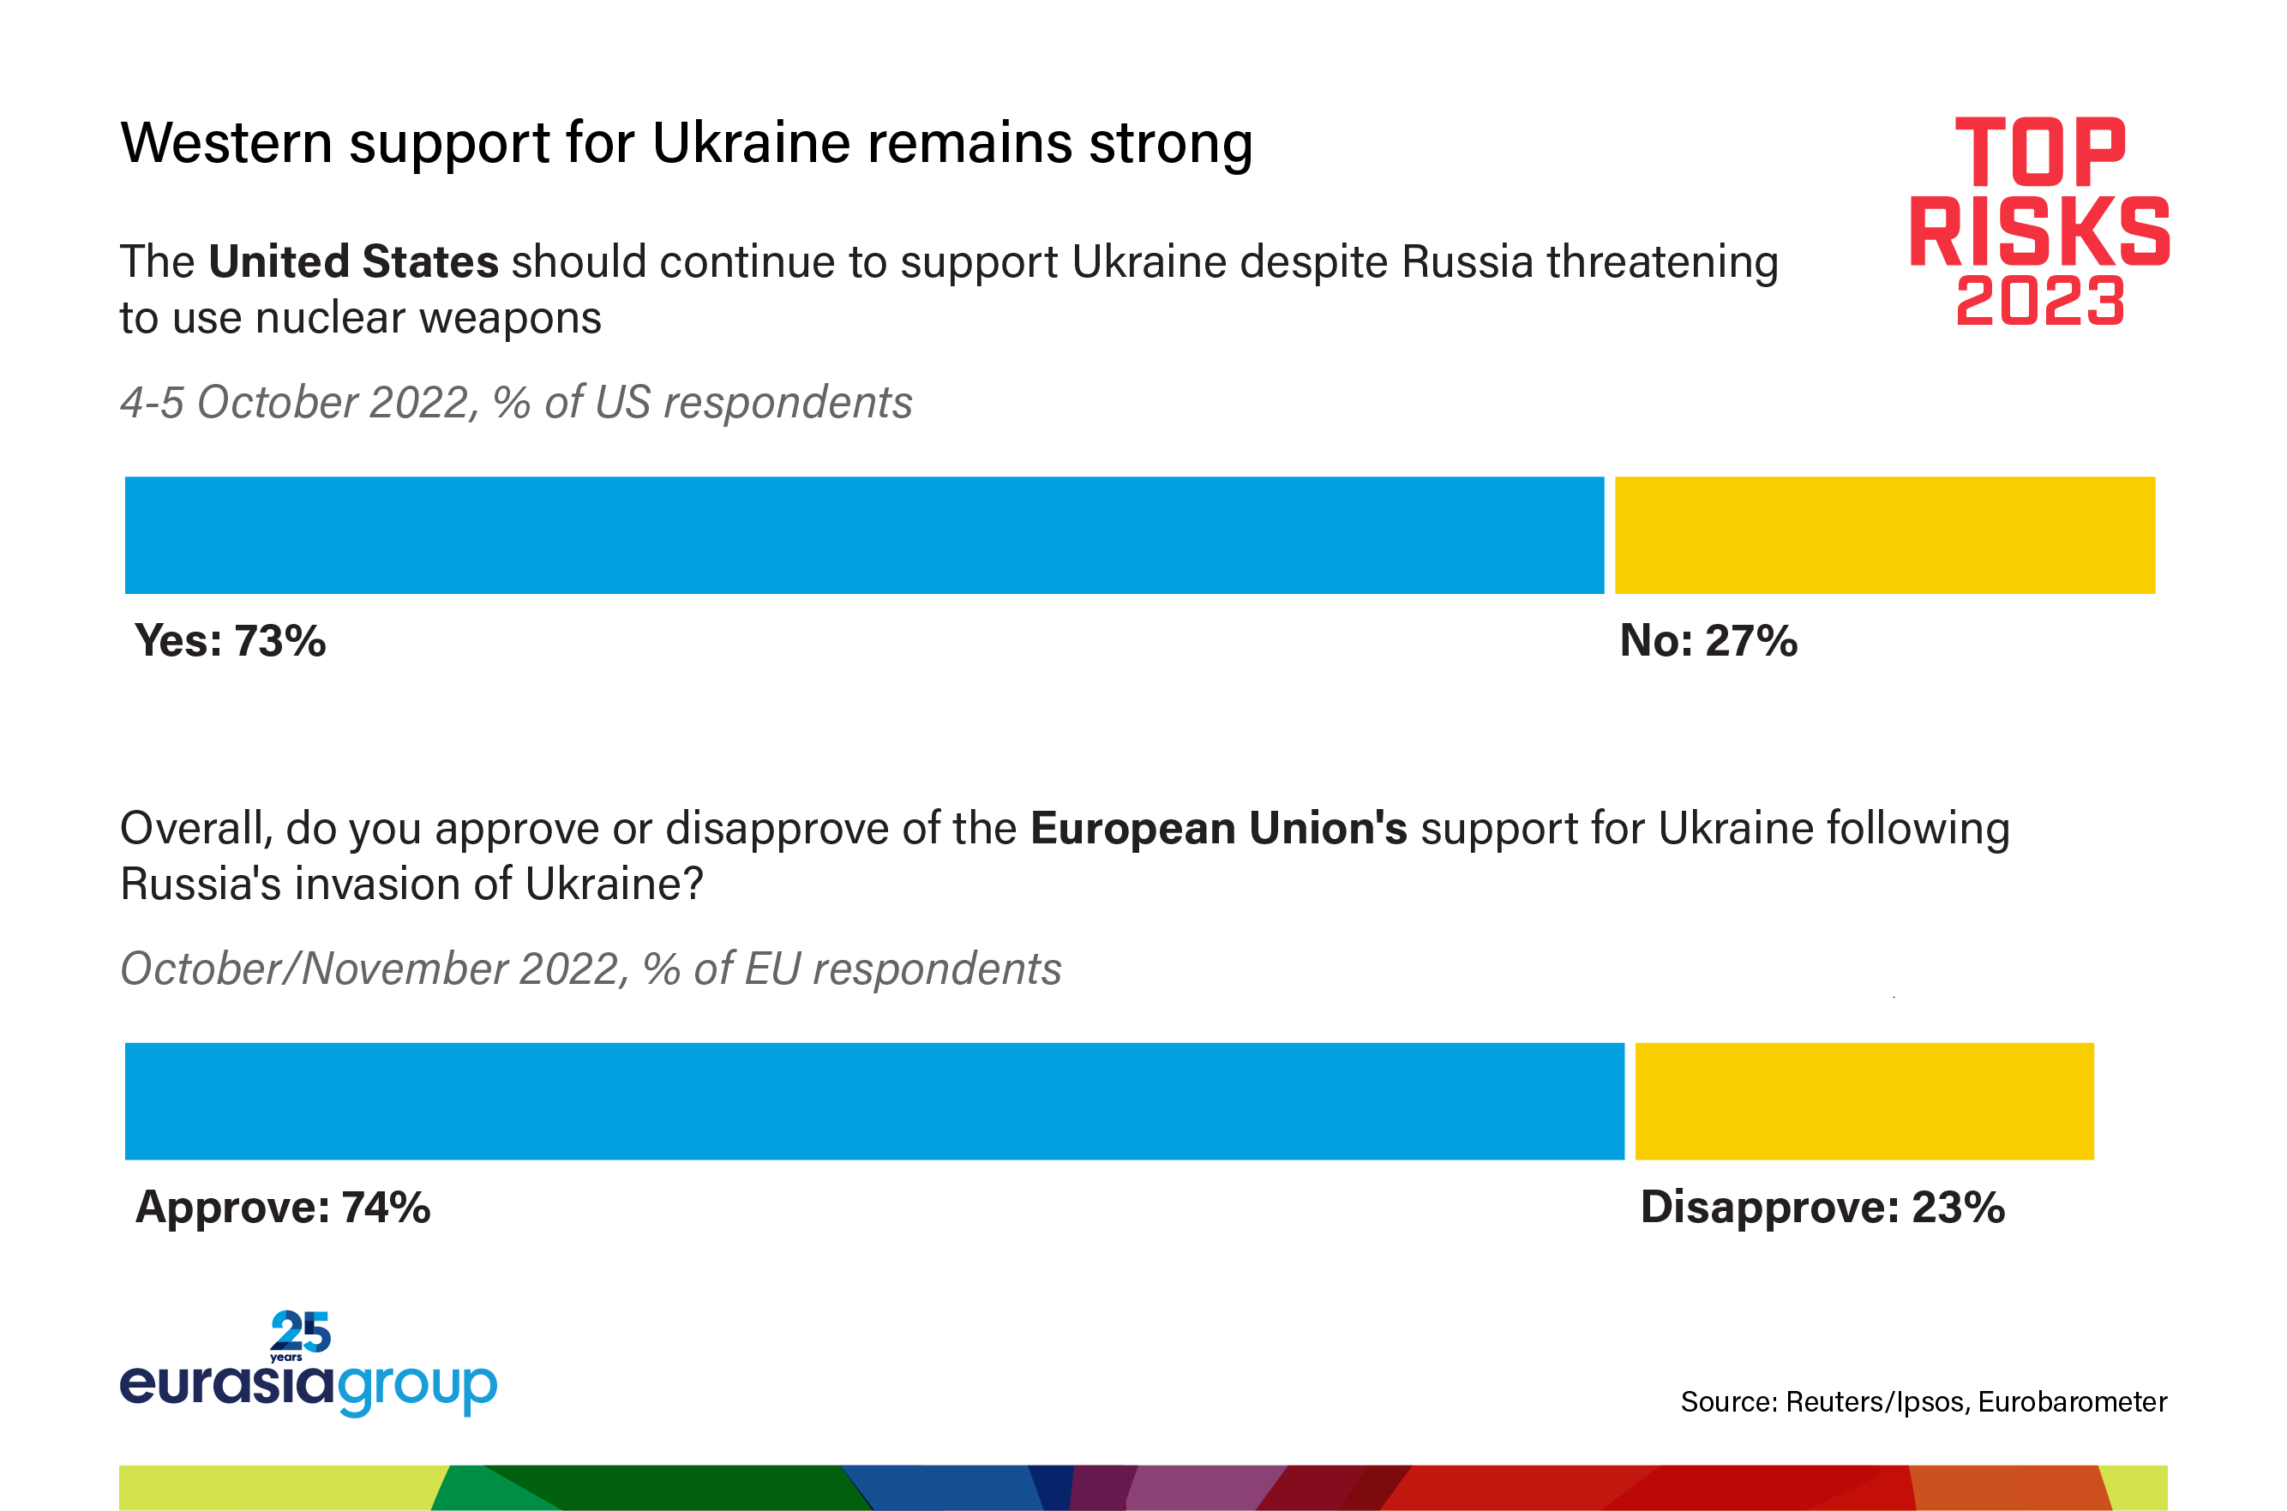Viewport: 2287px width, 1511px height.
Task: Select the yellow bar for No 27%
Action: (1884, 535)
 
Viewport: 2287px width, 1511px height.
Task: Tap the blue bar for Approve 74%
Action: (874, 1100)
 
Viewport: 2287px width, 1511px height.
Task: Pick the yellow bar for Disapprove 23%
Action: (1864, 1100)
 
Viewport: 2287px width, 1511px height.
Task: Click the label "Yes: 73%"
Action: (231, 641)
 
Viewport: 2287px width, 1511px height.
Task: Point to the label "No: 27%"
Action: (1708, 641)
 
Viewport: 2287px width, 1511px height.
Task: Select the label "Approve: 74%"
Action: (282, 1208)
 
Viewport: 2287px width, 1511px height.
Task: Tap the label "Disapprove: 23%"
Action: (1822, 1208)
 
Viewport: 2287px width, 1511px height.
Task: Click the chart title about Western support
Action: (687, 144)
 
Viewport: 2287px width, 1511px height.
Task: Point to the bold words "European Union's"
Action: (1218, 829)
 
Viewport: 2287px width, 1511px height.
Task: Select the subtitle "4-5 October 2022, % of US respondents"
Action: (516, 403)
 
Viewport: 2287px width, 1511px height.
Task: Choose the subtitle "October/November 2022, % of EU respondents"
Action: (590, 969)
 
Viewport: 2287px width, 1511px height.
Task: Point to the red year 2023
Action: (2039, 301)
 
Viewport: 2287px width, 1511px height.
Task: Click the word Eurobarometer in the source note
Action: (2071, 1402)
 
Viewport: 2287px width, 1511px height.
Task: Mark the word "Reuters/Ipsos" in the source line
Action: (1875, 1402)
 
